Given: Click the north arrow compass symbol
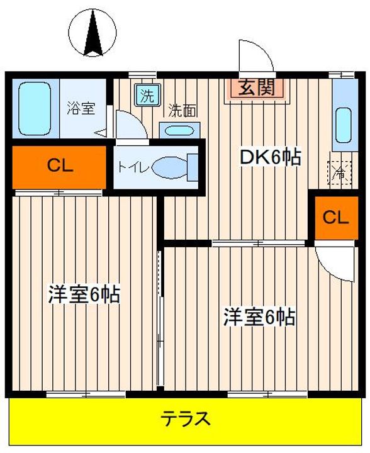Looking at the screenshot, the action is pyautogui.click(x=92, y=32).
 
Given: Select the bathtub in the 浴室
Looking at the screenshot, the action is pyautogui.click(x=35, y=109).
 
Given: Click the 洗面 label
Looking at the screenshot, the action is pyautogui.click(x=182, y=110).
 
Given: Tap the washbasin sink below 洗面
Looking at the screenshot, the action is pyautogui.click(x=179, y=131).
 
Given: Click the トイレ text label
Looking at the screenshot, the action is pyautogui.click(x=133, y=167).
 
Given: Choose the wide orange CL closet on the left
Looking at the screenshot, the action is pyautogui.click(x=59, y=167).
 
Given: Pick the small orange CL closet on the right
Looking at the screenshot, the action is pyautogui.click(x=336, y=218).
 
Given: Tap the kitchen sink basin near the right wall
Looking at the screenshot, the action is pyautogui.click(x=344, y=125).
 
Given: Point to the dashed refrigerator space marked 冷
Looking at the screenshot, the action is pyautogui.click(x=339, y=174).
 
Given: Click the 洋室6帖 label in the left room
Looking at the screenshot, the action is pyautogui.click(x=84, y=294).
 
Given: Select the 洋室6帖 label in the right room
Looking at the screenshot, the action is pyautogui.click(x=259, y=316).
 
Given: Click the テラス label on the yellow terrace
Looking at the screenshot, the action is pyautogui.click(x=186, y=419).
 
